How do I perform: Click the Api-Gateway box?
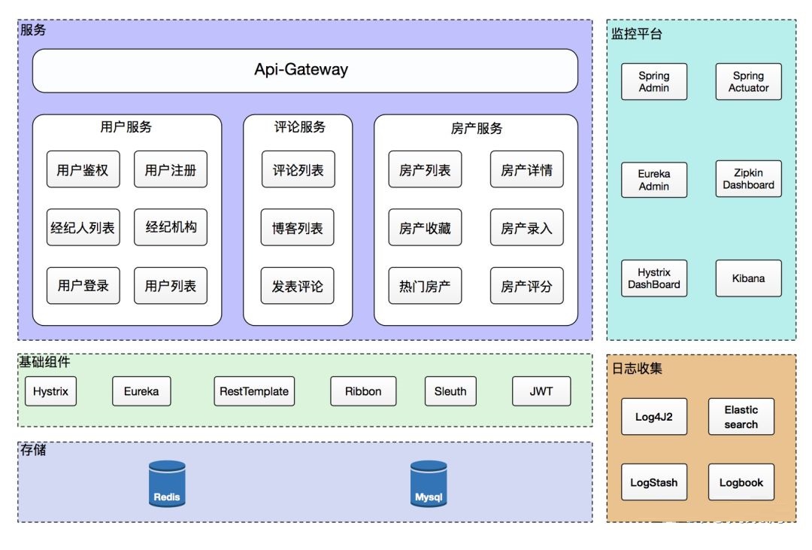click(x=305, y=71)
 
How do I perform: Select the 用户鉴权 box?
click(x=83, y=169)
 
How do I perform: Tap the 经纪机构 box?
click(x=171, y=227)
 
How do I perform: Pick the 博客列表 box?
click(x=297, y=227)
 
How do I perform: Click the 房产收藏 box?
click(x=425, y=227)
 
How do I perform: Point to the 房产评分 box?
click(x=526, y=286)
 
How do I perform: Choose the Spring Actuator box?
click(x=748, y=81)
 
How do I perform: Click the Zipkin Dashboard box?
click(x=748, y=179)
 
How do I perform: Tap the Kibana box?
click(x=748, y=278)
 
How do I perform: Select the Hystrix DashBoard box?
click(x=654, y=278)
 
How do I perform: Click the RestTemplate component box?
click(x=254, y=391)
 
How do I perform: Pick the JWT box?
click(x=541, y=391)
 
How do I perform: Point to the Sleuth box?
click(x=450, y=391)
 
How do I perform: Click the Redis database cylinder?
click(x=167, y=484)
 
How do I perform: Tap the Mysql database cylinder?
click(x=429, y=484)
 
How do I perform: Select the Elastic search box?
click(x=741, y=417)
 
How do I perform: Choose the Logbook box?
click(x=741, y=482)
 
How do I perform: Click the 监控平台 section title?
click(x=637, y=34)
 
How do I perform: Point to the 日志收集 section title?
click(x=637, y=369)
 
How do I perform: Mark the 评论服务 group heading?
click(x=300, y=127)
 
